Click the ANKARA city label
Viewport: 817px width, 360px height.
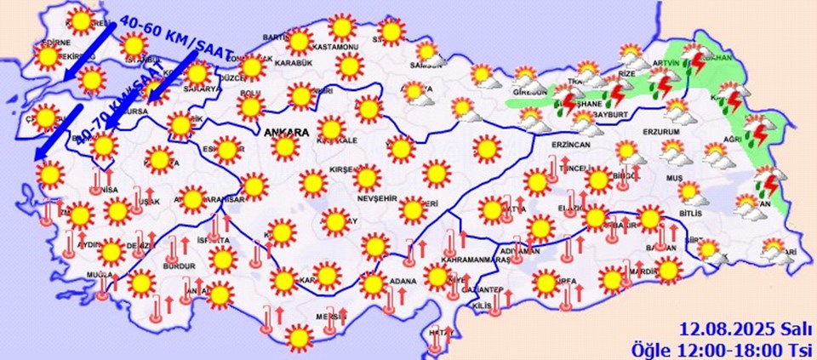(x=286, y=133)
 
